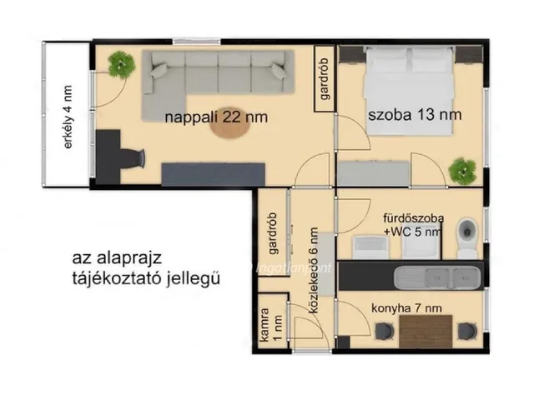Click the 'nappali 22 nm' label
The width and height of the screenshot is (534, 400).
pyautogui.click(x=215, y=117)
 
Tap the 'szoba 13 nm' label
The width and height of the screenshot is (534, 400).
pyautogui.click(x=415, y=113)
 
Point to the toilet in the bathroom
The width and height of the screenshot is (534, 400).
pyautogui.click(x=467, y=235)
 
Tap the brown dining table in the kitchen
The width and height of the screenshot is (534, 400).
pyautogui.click(x=426, y=331)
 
